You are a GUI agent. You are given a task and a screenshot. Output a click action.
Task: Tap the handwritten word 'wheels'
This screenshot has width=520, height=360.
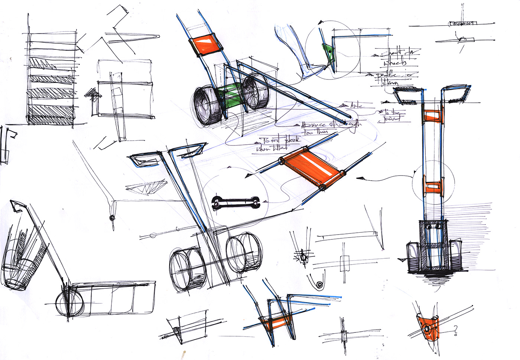[395, 63]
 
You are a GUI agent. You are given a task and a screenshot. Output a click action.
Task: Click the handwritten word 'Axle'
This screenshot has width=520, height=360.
[356, 106]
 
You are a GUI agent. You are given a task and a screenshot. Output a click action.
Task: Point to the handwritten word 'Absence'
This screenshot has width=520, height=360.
[314, 125]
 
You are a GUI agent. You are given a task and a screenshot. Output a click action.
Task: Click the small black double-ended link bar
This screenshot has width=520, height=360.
[235, 202]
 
